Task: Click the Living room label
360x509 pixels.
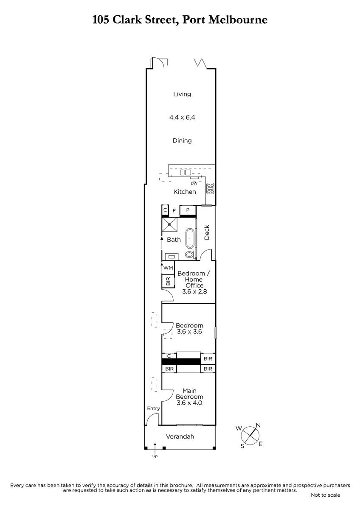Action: coord(182,94)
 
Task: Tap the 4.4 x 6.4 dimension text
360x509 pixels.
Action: coord(182,117)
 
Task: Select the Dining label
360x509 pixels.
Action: coord(182,140)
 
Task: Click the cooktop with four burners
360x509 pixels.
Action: coord(211,188)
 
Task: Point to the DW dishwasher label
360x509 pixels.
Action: coord(194,183)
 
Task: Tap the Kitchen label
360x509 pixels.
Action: coord(184,192)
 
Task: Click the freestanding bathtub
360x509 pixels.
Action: coord(190,238)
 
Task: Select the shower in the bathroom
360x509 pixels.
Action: coord(169,224)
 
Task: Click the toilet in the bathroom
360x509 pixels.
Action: coord(189,254)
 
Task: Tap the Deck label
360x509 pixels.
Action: coord(206,232)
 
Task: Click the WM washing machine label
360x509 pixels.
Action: coord(168,268)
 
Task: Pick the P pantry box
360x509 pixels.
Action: coord(188,210)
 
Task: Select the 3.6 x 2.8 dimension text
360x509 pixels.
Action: coord(194,291)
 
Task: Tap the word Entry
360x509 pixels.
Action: coord(153,408)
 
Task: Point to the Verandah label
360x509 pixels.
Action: coord(180,436)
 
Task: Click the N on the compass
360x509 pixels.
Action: coord(258,425)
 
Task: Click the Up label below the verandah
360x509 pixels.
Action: coord(155,456)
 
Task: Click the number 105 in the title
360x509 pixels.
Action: coord(101,20)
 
